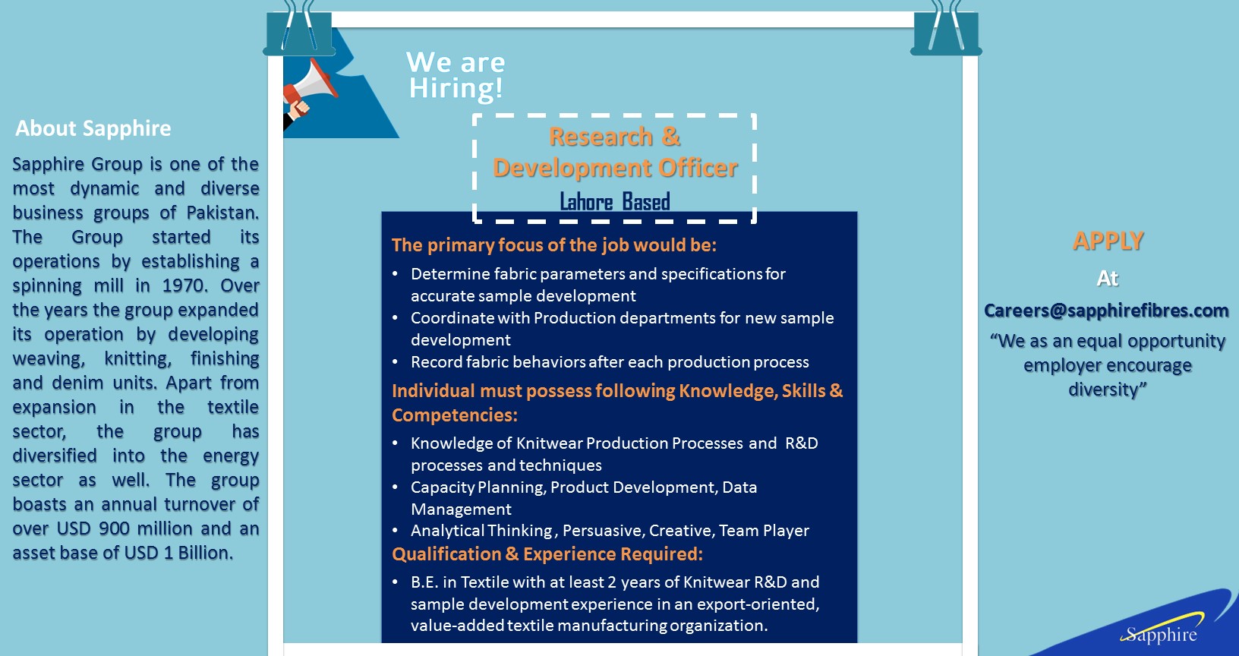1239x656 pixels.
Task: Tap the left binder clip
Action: tap(299, 30)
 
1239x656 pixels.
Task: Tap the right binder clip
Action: tap(946, 30)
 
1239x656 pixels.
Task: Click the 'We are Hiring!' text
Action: tap(456, 75)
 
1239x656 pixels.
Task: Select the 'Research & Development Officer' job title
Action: tap(615, 152)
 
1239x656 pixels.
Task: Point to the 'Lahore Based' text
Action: tap(615, 202)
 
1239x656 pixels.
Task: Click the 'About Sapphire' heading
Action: tap(93, 128)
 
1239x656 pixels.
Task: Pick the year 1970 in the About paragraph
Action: tap(184, 285)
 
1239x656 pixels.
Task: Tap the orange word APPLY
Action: tap(1108, 241)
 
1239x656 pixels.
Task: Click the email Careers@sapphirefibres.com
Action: tap(1106, 311)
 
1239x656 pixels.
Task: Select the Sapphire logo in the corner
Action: tap(1162, 634)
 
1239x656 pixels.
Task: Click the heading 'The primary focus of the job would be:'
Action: tap(554, 245)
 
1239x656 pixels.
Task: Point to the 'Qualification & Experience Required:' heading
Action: tap(547, 554)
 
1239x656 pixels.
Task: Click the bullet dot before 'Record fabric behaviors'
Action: tap(395, 362)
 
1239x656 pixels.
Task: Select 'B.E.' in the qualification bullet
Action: tap(424, 582)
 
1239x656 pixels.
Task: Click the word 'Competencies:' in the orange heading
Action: tap(455, 415)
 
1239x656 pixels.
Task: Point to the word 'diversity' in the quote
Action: tap(1105, 389)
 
